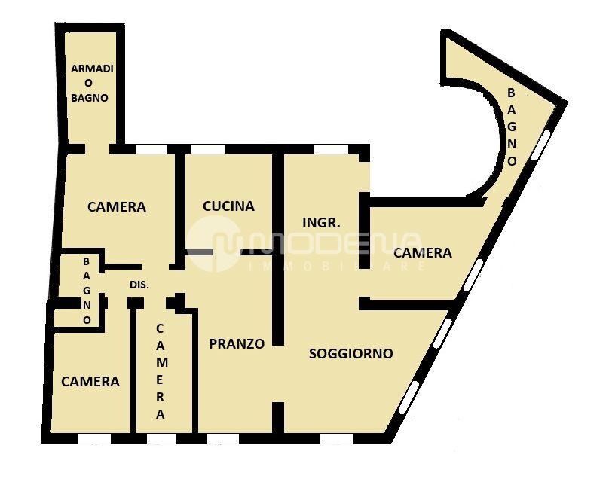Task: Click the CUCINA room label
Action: click(228, 206)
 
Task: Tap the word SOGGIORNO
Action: click(351, 354)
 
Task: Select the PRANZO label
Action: click(237, 343)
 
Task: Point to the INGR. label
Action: click(322, 223)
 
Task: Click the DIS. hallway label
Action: click(139, 285)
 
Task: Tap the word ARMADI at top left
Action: click(92, 69)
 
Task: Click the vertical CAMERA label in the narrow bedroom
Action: click(161, 371)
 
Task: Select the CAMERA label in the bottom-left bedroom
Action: click(90, 382)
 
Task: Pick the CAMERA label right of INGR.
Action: click(423, 253)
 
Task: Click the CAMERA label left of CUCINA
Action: click(117, 207)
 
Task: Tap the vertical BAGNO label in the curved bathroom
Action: click(512, 127)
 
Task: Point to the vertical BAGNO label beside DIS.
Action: click(87, 291)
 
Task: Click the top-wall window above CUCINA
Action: click(208, 149)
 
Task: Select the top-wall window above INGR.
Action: click(331, 149)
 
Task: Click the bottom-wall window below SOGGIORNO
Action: click(336, 439)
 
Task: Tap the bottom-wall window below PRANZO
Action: click(223, 439)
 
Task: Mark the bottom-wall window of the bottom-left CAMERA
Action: click(95, 439)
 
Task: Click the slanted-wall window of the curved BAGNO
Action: click(540, 145)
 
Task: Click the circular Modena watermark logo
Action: click(213, 244)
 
